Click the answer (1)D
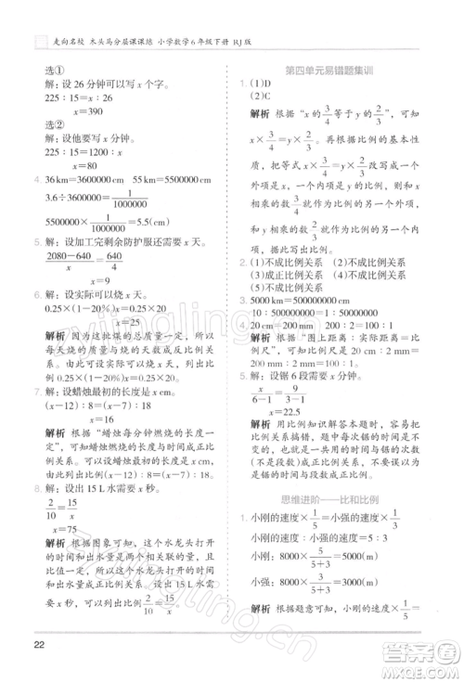256,85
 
